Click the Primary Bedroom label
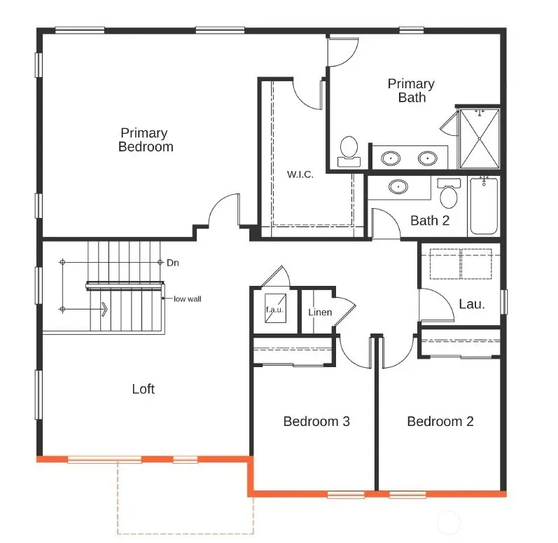coord(144,139)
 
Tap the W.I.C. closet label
coord(300,174)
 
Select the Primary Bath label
coord(411,90)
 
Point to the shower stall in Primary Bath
coord(480,139)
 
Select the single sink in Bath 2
coord(398,187)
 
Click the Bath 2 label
coord(430,221)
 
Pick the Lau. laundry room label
coord(471,304)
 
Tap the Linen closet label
coord(320,311)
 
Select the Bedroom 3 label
coord(316,421)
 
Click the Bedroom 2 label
coord(440,421)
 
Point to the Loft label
coord(144,389)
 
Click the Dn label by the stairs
coord(173,263)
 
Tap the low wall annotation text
coord(188,298)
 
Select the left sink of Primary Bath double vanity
coord(391,158)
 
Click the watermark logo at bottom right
coord(448,523)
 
